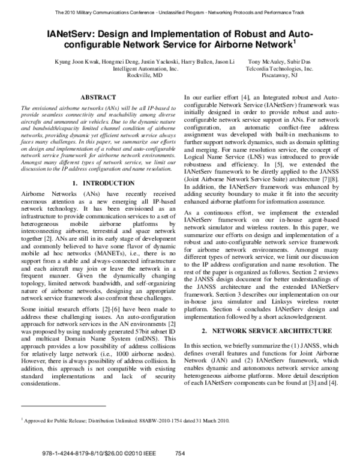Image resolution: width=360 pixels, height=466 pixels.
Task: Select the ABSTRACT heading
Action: tap(98, 97)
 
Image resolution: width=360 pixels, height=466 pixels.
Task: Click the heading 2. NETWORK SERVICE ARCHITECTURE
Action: tap(266, 331)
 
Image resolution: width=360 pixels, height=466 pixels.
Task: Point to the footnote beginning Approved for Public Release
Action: tap(126, 422)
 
